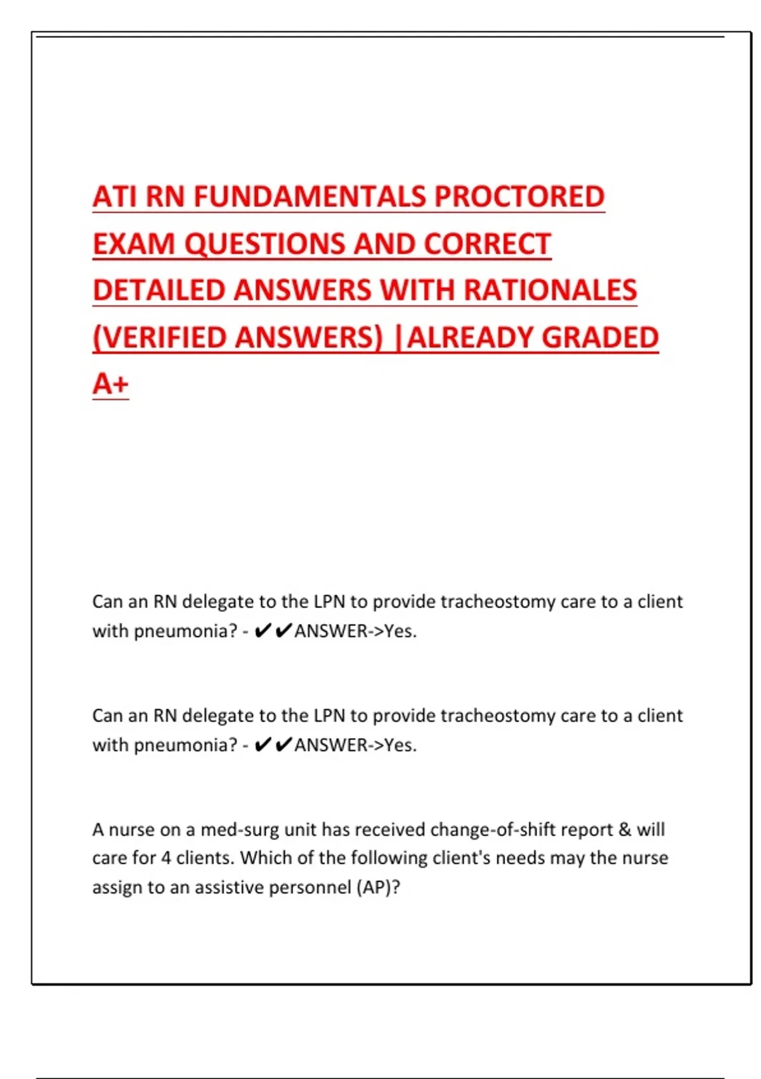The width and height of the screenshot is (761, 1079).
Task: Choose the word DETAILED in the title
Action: click(159, 291)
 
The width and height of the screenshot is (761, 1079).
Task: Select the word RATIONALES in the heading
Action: click(550, 291)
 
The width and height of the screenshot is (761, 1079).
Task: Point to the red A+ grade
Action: click(110, 384)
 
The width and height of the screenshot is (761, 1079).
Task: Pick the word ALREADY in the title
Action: click(470, 338)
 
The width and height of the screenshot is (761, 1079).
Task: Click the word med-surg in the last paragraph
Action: click(240, 830)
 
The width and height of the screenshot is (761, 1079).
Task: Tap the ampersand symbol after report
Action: click(625, 830)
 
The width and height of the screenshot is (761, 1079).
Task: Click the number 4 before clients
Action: click(166, 858)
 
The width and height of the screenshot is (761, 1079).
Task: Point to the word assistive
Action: click(228, 887)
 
